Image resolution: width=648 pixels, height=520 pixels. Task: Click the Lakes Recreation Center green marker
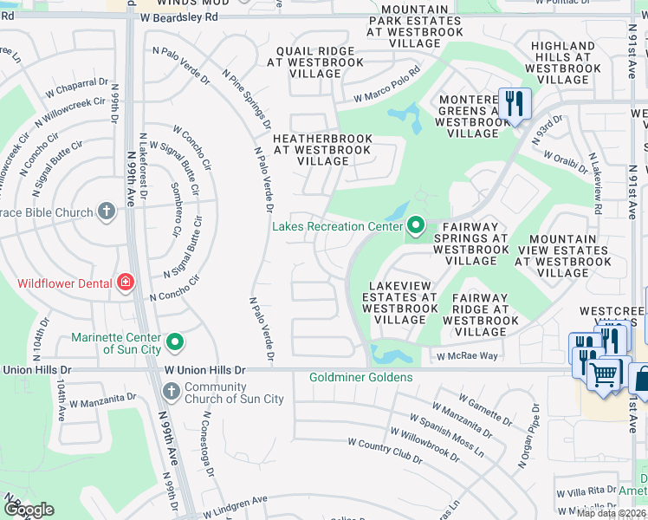[x=416, y=226]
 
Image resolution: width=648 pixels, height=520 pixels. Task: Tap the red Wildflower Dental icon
[x=126, y=283]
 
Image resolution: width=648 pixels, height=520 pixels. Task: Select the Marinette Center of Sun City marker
[x=175, y=342]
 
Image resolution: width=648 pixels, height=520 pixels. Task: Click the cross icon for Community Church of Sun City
[x=171, y=393]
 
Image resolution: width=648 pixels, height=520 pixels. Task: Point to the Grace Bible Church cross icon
[x=106, y=211]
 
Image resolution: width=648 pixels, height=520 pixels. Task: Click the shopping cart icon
[x=605, y=375]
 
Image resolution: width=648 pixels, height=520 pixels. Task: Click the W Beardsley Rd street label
[x=180, y=17]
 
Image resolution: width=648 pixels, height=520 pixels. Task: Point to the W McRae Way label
[x=467, y=356]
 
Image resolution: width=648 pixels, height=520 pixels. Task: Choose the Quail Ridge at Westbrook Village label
[x=316, y=62]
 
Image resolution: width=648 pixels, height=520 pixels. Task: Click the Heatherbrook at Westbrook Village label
[x=322, y=150]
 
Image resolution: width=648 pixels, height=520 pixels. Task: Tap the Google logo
[x=29, y=510]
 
